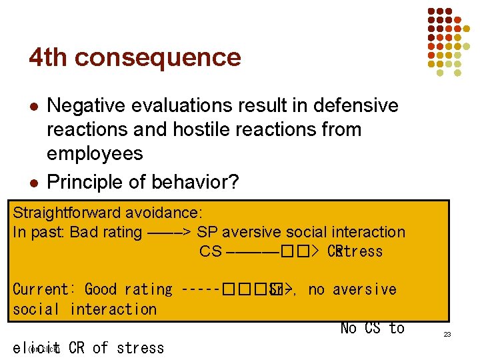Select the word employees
[95, 153]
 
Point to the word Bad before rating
[83, 233]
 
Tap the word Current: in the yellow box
[45, 289]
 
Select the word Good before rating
[101, 289]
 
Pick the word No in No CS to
[349, 328]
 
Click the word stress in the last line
[139, 348]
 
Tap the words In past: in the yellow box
[39, 233]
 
